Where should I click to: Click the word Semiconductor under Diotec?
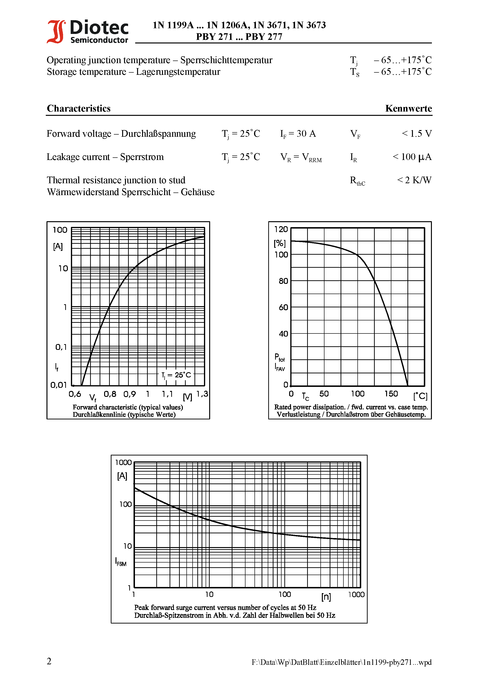tap(99, 40)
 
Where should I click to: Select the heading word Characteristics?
tap(79, 108)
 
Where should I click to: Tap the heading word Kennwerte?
tap(408, 108)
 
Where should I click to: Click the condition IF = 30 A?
tap(298, 133)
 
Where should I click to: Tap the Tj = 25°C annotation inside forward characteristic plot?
tap(176, 375)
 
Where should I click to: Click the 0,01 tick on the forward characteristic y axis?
tap(59, 385)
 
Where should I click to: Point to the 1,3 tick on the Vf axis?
tap(202, 394)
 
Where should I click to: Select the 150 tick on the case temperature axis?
tap(391, 394)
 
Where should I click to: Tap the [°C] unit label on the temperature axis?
tap(420, 396)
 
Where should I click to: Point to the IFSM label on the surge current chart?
tap(121, 562)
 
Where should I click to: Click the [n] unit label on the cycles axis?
tap(326, 597)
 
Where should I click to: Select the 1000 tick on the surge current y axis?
tap(123, 462)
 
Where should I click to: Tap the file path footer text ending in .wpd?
tap(341, 662)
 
